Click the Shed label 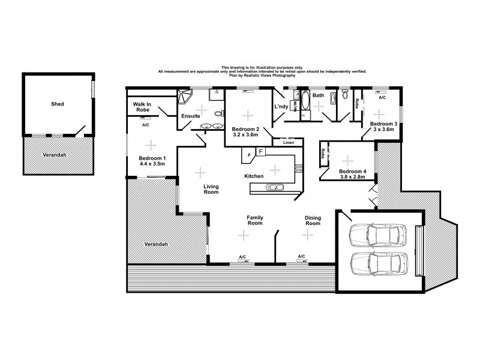tap(58, 104)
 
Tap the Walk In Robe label tap(142, 107)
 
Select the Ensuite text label tap(190, 116)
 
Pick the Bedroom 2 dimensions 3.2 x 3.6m tap(245, 134)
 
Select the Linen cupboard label tap(288, 143)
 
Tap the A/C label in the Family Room tap(242, 257)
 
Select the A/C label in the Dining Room tap(301, 257)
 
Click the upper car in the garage tap(379, 234)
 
